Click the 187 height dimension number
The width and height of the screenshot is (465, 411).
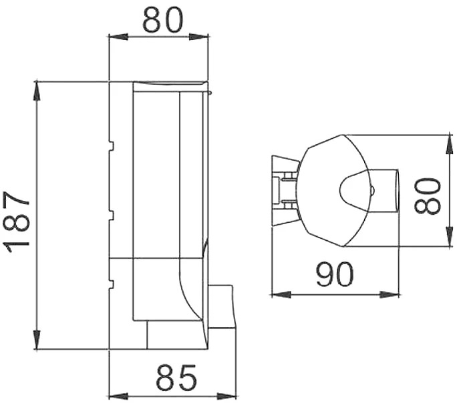tap(17, 222)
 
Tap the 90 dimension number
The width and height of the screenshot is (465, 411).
tap(335, 274)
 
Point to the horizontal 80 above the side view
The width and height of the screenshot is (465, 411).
tap(163, 19)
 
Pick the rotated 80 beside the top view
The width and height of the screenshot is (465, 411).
tap(428, 195)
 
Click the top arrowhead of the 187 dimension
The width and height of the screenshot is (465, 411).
tap(37, 92)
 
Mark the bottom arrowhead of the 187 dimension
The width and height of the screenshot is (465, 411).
tap(37, 339)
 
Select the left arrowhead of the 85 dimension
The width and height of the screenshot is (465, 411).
tap(119, 396)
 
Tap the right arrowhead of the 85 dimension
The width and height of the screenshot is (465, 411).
tap(227, 396)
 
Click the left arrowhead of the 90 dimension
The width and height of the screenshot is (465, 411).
tap(281, 295)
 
